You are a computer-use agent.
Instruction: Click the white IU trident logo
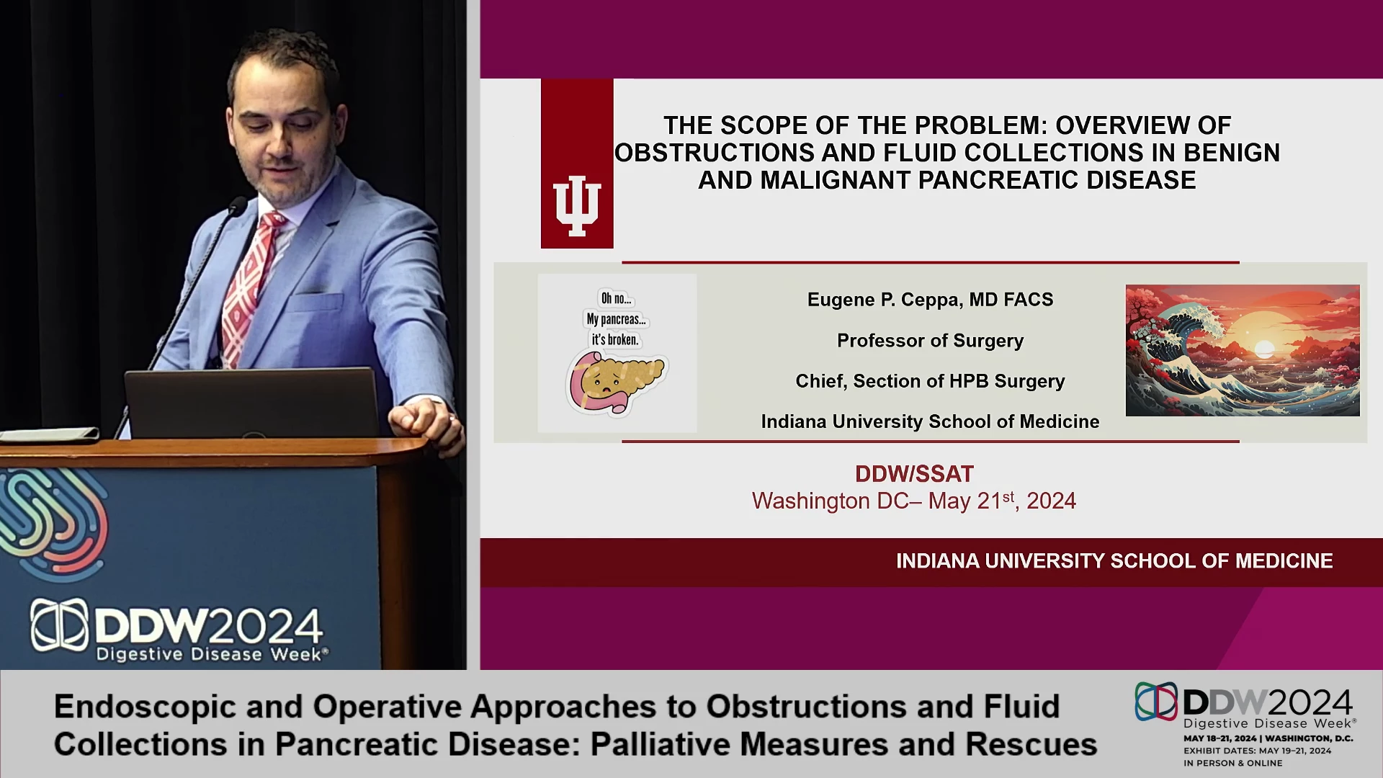(576, 205)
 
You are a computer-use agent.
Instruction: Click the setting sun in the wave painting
(1264, 351)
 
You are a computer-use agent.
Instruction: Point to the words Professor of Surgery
(930, 341)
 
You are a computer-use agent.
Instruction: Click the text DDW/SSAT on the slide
(914, 474)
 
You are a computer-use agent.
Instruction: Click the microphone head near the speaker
(237, 206)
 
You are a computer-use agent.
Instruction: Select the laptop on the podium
(251, 403)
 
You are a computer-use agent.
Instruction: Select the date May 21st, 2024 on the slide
(1002, 501)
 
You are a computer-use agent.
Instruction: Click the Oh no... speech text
(616, 298)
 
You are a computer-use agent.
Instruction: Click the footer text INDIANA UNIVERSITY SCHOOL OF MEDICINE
(1114, 561)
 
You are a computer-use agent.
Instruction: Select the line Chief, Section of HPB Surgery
(930, 381)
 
